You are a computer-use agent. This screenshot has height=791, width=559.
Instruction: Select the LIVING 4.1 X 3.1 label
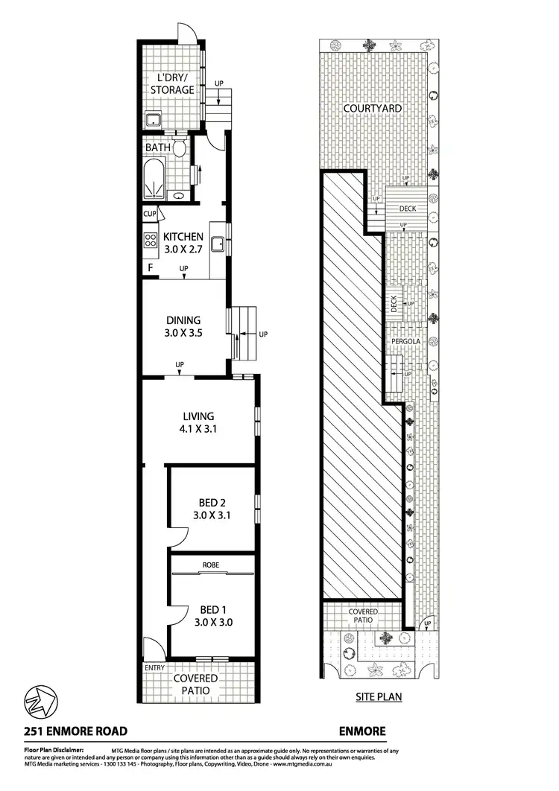199,422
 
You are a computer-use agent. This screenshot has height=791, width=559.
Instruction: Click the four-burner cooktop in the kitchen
150,240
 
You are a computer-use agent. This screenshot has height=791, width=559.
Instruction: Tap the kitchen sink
219,243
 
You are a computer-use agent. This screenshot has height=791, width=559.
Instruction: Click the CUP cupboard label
149,215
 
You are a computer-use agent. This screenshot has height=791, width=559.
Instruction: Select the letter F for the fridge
151,267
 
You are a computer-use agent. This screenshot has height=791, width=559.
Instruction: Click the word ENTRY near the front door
154,668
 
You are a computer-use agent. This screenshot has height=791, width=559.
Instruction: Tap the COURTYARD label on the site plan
373,109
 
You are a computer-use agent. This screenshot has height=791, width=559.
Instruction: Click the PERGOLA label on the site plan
408,342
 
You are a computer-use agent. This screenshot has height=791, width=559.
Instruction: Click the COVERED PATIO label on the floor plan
196,684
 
